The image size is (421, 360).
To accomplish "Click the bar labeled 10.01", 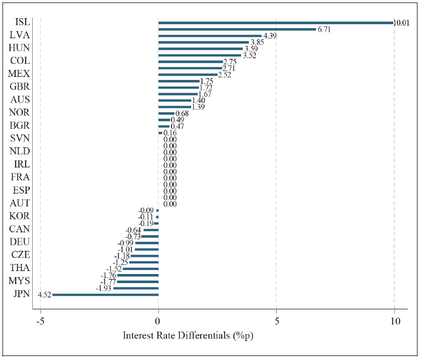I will coord(276,23).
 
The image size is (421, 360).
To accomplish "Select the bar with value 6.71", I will coord(237,29).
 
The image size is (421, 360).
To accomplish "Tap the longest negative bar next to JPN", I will coord(105,295).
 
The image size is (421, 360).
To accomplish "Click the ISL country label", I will coord(22,22).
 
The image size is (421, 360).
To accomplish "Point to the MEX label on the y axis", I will coord(19,74).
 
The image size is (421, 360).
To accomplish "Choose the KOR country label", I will coord(20,216).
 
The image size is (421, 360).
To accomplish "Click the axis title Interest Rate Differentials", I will coord(188,335).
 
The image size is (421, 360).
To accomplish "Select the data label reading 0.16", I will coord(170,133).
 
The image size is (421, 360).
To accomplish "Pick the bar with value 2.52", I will coord(188,74).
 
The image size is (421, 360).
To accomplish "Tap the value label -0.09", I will coord(147,211).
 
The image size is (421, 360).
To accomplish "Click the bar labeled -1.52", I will coord(140,269).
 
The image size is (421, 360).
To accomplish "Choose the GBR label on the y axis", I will coord(20,87).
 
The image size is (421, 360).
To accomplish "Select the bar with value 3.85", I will coord(203,42).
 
